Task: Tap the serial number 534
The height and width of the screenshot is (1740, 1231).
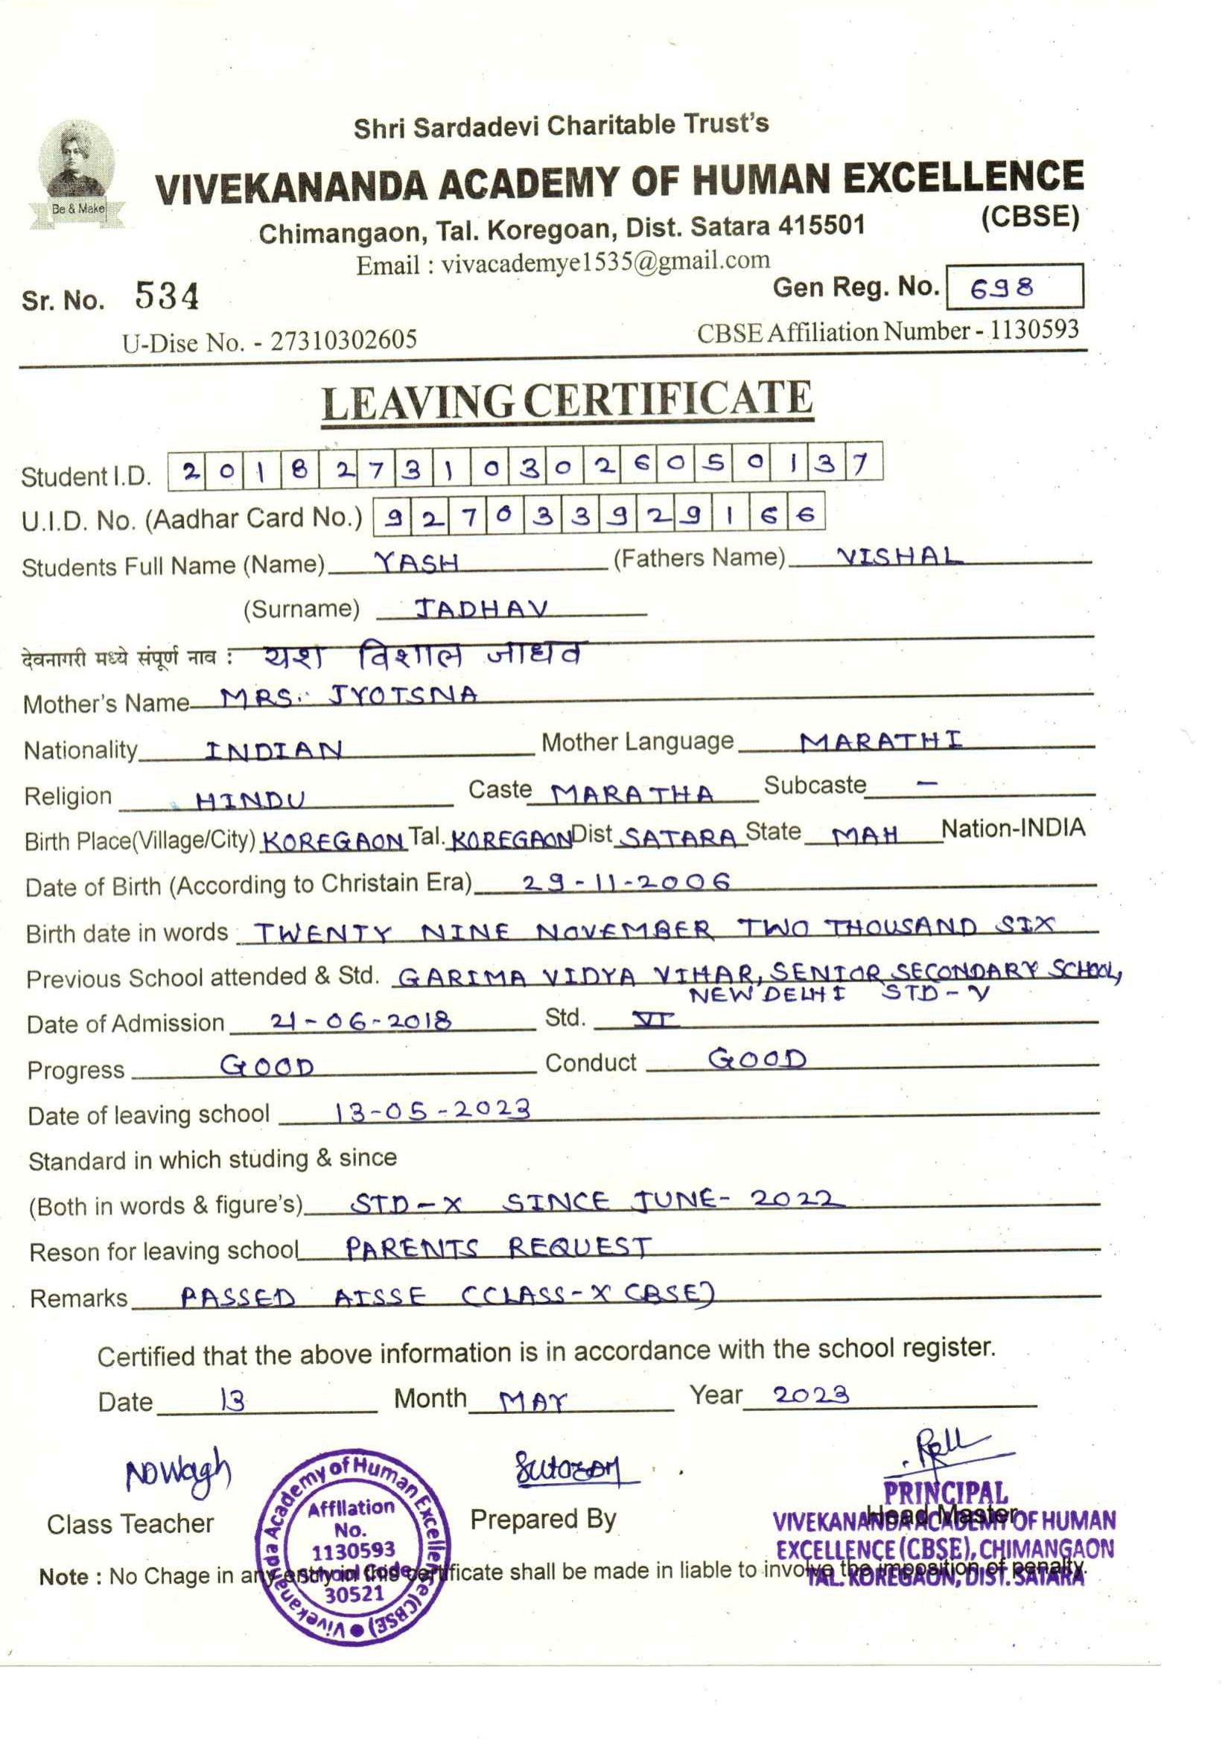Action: tap(167, 296)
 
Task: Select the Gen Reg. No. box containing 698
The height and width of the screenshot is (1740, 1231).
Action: tap(1014, 287)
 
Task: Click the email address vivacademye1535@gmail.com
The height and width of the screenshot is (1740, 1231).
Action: tap(605, 262)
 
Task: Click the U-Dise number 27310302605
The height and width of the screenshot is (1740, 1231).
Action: tap(343, 340)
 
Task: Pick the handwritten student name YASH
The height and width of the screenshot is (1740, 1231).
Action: tap(417, 561)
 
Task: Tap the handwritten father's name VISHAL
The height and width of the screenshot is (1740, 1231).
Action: tap(898, 557)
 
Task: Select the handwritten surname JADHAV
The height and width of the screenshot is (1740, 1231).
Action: tap(481, 608)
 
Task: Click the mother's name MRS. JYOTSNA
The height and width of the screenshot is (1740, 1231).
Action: tap(349, 695)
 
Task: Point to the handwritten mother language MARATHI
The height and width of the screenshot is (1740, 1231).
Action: tap(881, 740)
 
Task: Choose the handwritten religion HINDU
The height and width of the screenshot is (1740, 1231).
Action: tap(250, 800)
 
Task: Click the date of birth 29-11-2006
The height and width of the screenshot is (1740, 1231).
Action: tap(626, 882)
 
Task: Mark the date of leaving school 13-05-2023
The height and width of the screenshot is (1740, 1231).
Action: tap(432, 1111)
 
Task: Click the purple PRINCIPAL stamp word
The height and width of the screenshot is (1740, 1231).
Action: tap(945, 1494)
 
